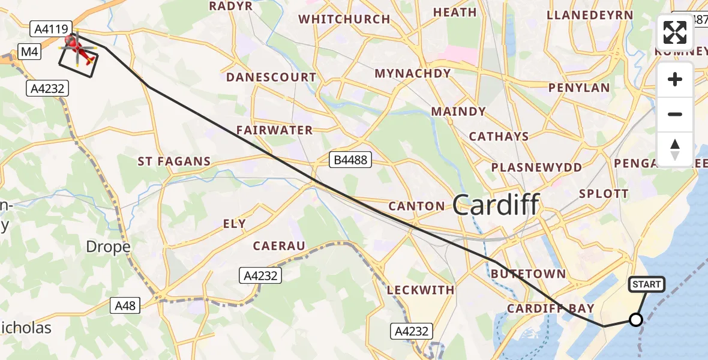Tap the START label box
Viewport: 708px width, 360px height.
click(x=646, y=284)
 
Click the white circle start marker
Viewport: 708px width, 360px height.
click(x=636, y=320)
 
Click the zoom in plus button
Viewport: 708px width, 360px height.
click(x=676, y=79)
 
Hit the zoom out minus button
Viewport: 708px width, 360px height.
click(x=676, y=114)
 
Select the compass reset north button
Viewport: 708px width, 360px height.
click(x=676, y=149)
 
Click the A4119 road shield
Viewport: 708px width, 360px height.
click(x=52, y=28)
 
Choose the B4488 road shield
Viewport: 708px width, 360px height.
click(x=350, y=160)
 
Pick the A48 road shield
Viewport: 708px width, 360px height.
click(x=125, y=305)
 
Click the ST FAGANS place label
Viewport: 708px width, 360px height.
click(x=174, y=161)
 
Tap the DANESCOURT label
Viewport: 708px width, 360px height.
click(x=271, y=77)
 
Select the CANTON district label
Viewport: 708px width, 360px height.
click(x=416, y=206)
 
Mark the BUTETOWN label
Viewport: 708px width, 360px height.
click(x=528, y=274)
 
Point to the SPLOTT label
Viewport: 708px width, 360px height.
click(x=604, y=194)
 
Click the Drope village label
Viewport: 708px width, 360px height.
click(x=108, y=247)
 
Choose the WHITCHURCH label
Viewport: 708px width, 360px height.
click(x=344, y=19)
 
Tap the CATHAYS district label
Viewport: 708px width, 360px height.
click(x=499, y=137)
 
